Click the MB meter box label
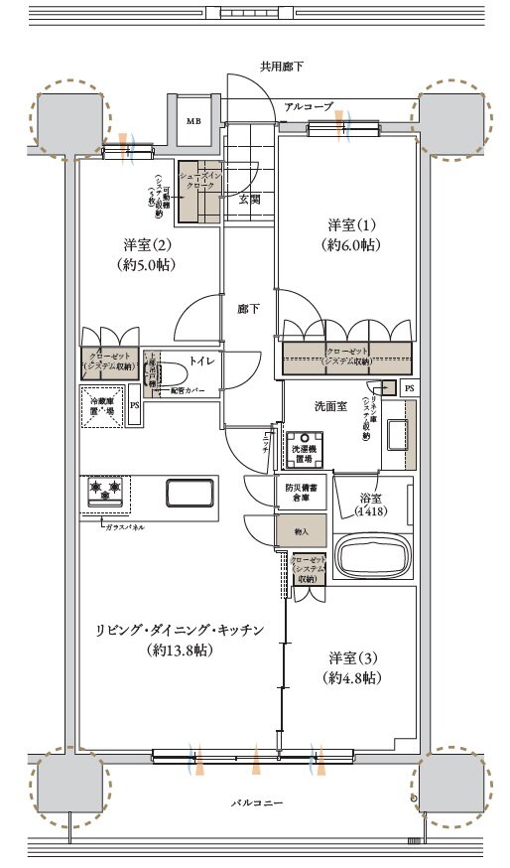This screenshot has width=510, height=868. [194, 121]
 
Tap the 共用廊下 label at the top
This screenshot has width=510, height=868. [282, 68]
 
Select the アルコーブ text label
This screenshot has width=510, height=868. [308, 106]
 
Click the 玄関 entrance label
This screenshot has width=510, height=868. [249, 199]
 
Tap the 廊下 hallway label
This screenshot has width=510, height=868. [249, 309]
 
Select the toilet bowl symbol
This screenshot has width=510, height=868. [166, 373]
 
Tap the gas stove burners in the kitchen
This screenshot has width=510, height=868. [105, 490]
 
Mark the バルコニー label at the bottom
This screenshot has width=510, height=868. [254, 800]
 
